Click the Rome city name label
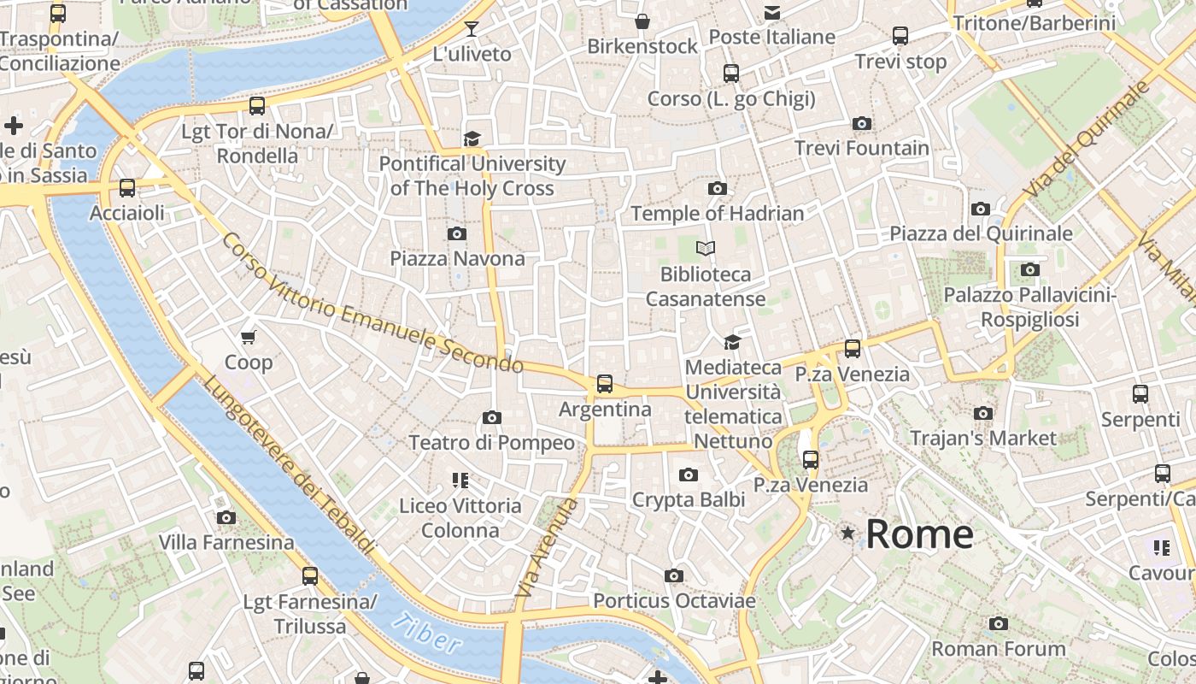point(919,534)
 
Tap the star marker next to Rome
point(847,534)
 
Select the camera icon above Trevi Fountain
point(862,124)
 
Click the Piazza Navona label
point(457,258)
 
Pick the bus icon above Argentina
point(605,384)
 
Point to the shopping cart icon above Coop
point(249,337)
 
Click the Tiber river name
point(427,633)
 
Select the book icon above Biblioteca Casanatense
point(705,249)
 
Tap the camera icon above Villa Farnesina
point(226,517)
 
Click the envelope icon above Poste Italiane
point(772,12)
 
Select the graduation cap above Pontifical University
point(472,139)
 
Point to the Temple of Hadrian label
point(718,214)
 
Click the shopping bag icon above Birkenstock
point(642,21)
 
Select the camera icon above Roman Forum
point(999,624)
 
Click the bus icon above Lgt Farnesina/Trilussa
point(310,576)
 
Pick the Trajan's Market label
point(982,439)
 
